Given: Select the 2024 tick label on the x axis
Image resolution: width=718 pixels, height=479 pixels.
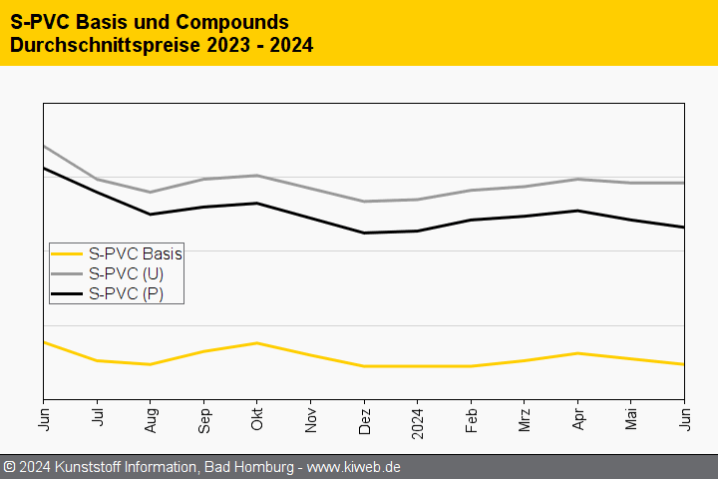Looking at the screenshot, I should coord(417,421).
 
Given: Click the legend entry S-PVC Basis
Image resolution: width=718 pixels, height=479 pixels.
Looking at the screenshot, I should coord(135,253).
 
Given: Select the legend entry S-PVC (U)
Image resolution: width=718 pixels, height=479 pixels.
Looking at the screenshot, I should coord(126,273).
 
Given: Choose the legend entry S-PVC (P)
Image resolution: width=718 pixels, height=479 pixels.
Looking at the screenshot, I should coord(126,293).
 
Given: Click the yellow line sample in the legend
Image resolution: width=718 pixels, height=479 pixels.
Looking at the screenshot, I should coord(67,253).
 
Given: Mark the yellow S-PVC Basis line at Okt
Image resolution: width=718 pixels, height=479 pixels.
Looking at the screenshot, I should coord(257,343).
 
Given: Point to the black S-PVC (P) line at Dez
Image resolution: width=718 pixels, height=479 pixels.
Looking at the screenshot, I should coord(364,233).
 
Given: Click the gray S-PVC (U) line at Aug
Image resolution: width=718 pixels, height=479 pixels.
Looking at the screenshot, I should coord(150,193).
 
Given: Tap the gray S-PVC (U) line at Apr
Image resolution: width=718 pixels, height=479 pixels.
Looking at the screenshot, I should coord(577,180).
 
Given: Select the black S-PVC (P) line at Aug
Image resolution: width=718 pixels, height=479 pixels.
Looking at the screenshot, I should coord(150,214).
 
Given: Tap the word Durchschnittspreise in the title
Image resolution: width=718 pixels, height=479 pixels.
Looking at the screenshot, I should coord(109,45).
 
